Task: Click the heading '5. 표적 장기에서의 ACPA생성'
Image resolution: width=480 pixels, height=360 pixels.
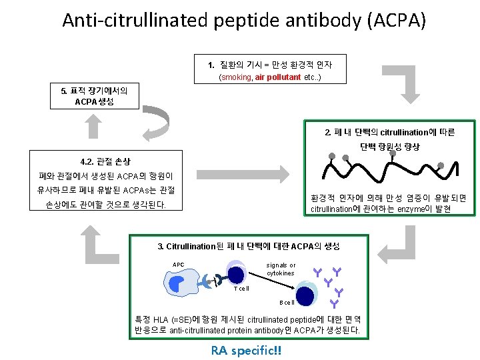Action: pyautogui.click(x=95, y=95)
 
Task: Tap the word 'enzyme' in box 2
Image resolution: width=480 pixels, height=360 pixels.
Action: pyautogui.click(x=413, y=209)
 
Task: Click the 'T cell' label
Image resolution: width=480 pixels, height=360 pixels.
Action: pyautogui.click(x=241, y=289)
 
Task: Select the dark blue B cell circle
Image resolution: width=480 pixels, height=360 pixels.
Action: pyautogui.click(x=305, y=294)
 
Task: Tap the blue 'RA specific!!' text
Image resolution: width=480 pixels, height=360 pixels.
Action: pyautogui.click(x=246, y=350)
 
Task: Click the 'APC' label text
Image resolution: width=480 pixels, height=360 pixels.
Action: pyautogui.click(x=178, y=265)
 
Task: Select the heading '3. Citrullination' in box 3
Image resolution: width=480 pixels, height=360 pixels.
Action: pyautogui.click(x=191, y=246)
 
